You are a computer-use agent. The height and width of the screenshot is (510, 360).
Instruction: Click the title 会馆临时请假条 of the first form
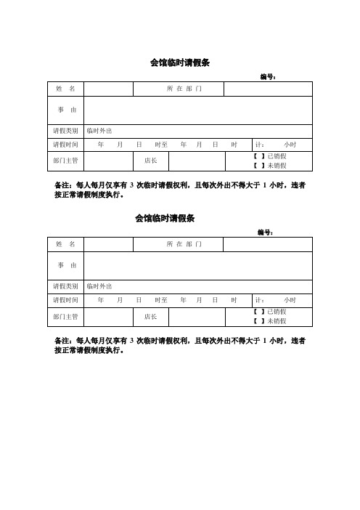179,63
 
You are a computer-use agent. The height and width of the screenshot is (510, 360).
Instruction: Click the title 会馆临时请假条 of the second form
165,218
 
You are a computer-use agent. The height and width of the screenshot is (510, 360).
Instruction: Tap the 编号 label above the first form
267,76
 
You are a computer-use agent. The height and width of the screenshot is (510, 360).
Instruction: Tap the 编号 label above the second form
264,232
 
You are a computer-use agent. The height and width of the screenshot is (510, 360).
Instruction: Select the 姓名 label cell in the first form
65,89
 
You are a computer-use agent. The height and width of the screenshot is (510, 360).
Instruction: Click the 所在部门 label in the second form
184,243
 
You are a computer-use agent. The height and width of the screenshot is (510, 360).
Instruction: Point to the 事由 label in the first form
65,110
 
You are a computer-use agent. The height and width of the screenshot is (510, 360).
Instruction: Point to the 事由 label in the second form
65,266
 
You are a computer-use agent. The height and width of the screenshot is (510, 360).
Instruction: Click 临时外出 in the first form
99,131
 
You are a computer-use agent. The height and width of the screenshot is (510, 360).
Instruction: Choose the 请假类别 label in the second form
65,286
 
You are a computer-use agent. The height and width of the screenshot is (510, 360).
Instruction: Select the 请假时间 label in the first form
65,145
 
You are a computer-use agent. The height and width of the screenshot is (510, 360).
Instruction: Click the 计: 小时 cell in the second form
281,300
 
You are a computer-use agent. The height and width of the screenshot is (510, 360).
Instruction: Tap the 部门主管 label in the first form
65,160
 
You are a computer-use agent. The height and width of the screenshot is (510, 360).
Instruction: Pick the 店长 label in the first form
151,160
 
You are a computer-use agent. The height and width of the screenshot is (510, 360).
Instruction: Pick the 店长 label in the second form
151,316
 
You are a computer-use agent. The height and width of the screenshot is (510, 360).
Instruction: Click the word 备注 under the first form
63,185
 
